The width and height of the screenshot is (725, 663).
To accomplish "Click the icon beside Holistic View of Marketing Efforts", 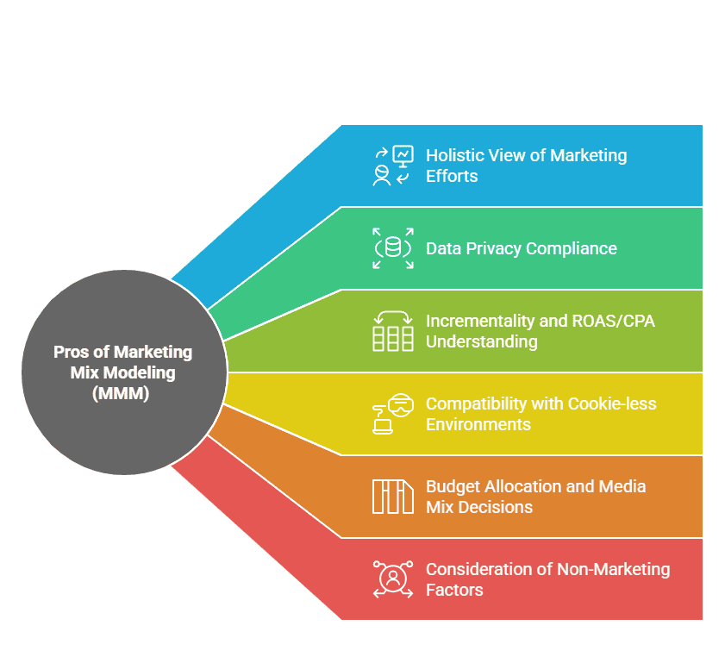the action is point(393,166).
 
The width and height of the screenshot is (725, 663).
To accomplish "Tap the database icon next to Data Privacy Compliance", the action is point(393,248).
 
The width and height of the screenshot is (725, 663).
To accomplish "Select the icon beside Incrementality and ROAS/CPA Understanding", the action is point(393,331).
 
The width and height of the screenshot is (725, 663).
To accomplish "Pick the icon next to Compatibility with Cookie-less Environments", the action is point(393,414).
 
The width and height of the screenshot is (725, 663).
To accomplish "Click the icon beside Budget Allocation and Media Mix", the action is point(393,497).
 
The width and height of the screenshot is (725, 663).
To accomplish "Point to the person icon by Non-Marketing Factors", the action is point(393,579).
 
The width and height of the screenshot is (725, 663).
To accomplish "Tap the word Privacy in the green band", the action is point(494,249).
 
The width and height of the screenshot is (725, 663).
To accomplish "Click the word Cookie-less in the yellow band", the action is point(612,403).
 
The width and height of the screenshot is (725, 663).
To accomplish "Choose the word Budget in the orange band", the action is point(453,487).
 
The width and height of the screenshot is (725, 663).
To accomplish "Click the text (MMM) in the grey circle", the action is point(121,393).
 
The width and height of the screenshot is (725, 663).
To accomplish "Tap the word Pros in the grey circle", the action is point(72,352).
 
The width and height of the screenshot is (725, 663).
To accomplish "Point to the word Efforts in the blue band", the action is point(452,176).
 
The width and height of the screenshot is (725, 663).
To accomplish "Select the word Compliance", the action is point(572,249).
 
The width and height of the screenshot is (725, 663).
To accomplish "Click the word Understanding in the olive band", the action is point(482,342).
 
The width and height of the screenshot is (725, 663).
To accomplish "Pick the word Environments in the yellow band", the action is point(478,424).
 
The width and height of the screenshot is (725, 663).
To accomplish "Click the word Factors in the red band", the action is point(454,590).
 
